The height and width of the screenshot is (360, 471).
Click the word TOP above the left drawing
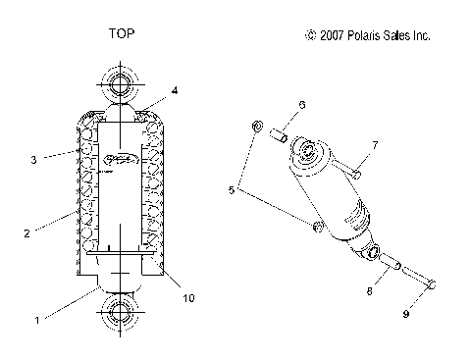pyautogui.click(x=121, y=33)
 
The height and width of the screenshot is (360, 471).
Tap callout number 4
pyautogui.click(x=175, y=90)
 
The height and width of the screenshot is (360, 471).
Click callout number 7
pyautogui.click(x=375, y=146)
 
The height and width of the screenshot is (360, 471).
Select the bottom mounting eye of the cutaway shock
pyautogui.click(x=120, y=317)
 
